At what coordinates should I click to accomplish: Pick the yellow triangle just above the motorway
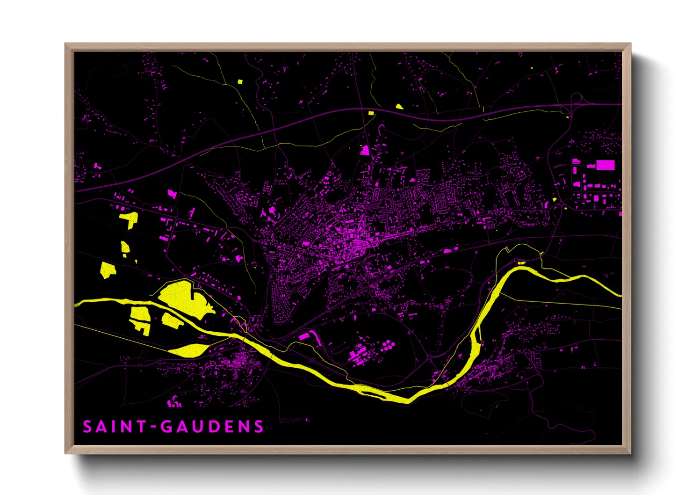point(399,107)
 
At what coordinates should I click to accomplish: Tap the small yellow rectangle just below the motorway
point(371,113)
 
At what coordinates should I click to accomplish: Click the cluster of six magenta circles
point(388,346)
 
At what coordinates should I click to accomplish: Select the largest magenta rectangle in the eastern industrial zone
point(605,165)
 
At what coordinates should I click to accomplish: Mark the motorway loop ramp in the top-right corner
point(577,98)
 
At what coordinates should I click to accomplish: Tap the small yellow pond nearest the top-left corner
point(240,82)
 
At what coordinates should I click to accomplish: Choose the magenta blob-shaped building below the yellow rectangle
point(365,150)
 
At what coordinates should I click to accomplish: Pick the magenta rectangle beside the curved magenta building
point(304,336)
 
